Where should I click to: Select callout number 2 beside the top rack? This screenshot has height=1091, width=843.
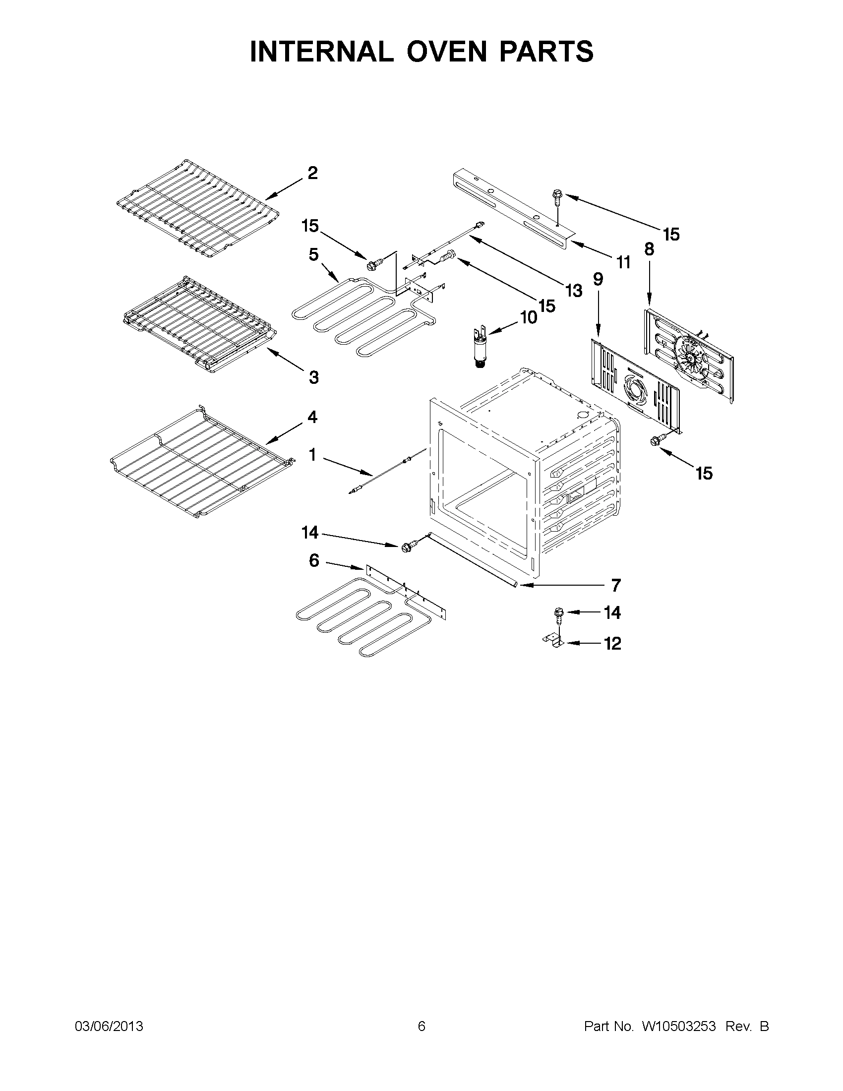312,174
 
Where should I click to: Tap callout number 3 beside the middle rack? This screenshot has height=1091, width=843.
313,377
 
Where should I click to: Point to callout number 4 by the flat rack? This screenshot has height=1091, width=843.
312,417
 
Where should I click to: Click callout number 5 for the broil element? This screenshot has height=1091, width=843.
313,254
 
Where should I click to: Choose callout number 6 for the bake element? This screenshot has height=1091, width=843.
313,560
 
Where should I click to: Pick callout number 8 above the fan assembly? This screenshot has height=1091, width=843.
649,249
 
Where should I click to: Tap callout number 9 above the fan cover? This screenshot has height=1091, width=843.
598,279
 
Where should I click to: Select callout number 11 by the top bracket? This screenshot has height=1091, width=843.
623,262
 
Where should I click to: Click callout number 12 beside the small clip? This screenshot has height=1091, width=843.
613,643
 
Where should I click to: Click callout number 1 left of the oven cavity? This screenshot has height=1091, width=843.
312,455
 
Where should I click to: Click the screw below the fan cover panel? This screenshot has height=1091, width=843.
655,440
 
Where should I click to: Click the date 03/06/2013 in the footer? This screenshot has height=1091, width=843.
109,1026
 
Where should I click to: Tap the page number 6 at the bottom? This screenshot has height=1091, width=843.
421,1026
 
